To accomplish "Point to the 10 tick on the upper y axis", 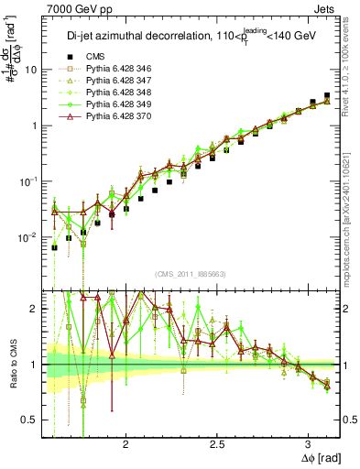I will tap(33, 70).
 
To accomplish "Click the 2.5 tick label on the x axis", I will tap(217, 441).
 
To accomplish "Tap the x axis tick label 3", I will tap(308, 441).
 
